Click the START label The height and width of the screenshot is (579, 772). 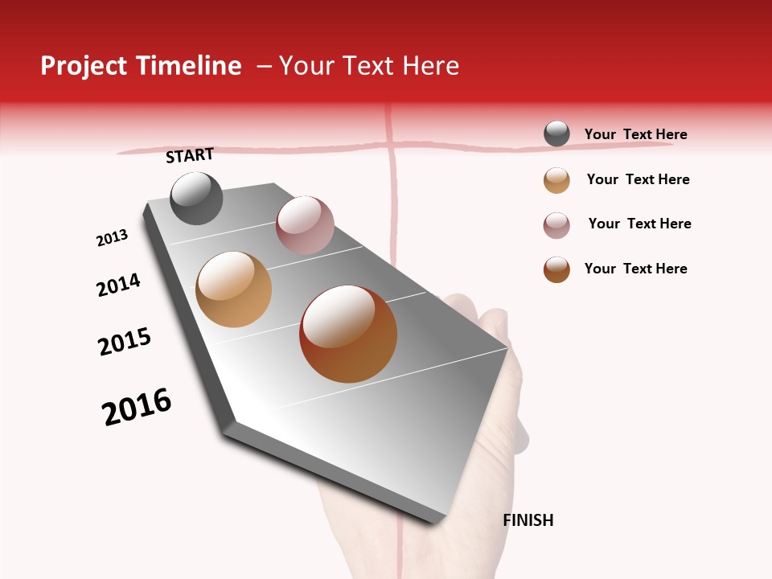[190, 155]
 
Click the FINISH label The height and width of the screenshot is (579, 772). [528, 520]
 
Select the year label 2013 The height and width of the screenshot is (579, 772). [112, 238]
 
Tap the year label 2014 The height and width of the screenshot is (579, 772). [118, 285]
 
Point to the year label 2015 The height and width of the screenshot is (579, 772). [125, 342]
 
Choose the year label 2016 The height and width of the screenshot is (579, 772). [137, 407]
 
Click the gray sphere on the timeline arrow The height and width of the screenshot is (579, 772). [196, 199]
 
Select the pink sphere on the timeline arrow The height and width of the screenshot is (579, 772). [305, 225]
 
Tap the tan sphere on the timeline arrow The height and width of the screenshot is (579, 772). [233, 289]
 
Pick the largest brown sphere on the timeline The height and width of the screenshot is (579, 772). [348, 334]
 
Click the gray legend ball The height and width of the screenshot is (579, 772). [556, 134]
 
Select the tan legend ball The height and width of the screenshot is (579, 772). [556, 180]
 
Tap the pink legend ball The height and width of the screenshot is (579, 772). [556, 225]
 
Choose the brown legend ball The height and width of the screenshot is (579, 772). [556, 269]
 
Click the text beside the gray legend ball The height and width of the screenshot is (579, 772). [635, 134]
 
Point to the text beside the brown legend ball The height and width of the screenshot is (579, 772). [635, 269]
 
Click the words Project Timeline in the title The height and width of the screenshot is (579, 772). [141, 66]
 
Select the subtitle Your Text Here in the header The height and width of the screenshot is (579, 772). [369, 66]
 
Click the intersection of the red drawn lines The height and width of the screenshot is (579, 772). [392, 146]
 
